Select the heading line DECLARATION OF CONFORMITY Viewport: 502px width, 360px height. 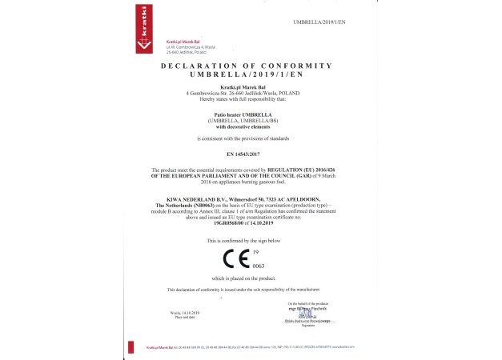(246, 65)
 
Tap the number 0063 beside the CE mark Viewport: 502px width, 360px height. (258, 265)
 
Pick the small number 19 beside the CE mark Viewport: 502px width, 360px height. (255, 251)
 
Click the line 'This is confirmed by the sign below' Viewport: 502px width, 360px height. (244, 240)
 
